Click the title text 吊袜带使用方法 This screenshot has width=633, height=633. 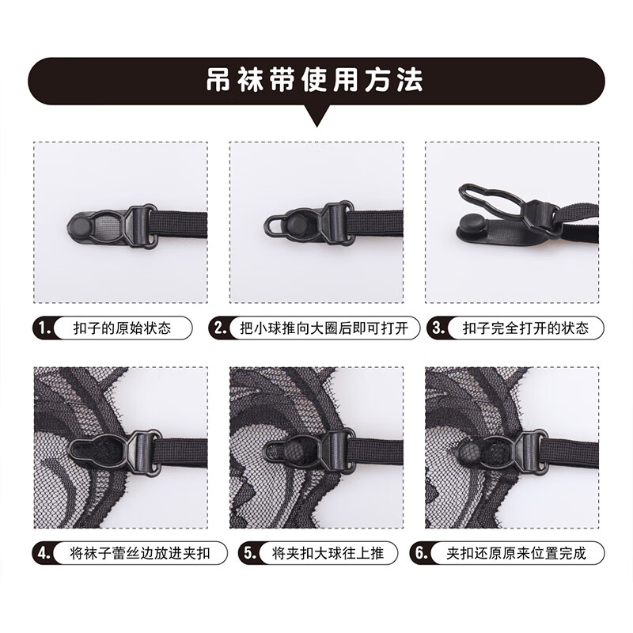click(x=316, y=81)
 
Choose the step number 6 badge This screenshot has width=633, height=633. click(x=421, y=552)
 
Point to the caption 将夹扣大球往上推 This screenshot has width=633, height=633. click(x=325, y=552)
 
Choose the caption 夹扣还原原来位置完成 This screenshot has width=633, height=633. click(x=514, y=552)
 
